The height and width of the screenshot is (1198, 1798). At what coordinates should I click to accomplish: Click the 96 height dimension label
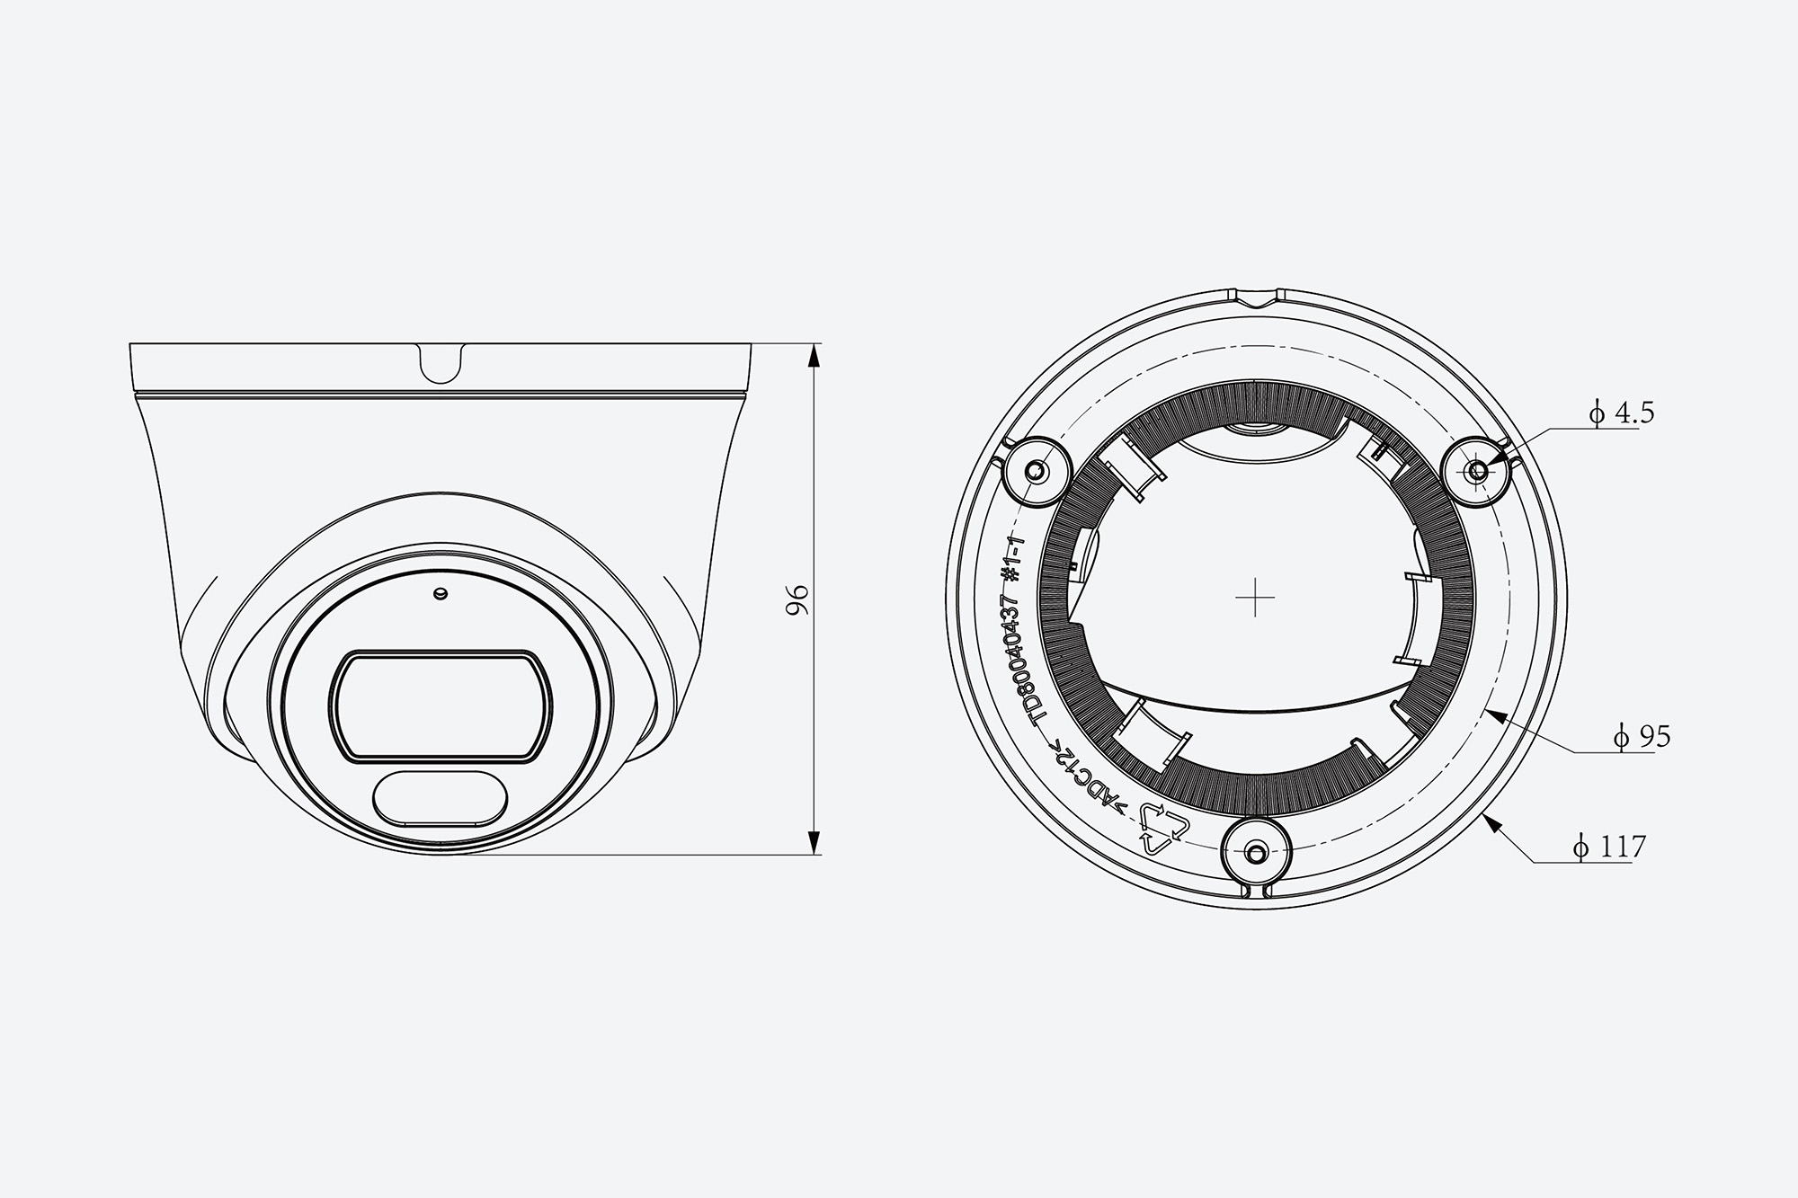(797, 599)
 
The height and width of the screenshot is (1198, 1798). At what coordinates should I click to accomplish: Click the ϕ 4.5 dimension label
(1621, 413)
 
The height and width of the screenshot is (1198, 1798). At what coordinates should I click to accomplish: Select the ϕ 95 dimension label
(1642, 737)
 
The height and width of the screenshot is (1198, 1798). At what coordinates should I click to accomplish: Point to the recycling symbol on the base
(1164, 828)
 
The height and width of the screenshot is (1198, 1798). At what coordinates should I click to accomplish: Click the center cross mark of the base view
(1255, 598)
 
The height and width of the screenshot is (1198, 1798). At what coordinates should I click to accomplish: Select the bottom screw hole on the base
(1257, 850)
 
